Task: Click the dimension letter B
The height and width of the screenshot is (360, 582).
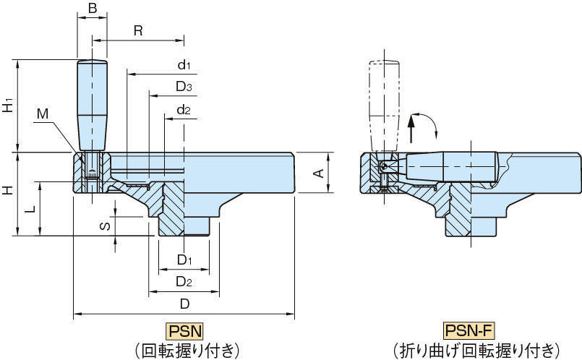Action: pyautogui.click(x=93, y=8)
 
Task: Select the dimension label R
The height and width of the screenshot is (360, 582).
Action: pyautogui.click(x=138, y=30)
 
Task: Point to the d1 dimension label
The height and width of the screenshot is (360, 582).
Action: pyautogui.click(x=184, y=64)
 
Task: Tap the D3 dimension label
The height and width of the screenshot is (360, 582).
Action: pyautogui.click(x=184, y=87)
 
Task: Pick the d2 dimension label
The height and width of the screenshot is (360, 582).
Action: pyautogui.click(x=184, y=110)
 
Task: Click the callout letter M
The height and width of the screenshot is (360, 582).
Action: pyautogui.click(x=43, y=114)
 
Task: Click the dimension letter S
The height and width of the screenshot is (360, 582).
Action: pyautogui.click(x=106, y=226)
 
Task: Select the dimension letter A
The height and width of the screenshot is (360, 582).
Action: pyautogui.click(x=319, y=173)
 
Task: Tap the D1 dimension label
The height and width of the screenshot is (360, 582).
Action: pyautogui.click(x=184, y=260)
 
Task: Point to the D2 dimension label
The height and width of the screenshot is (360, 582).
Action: pyautogui.click(x=184, y=282)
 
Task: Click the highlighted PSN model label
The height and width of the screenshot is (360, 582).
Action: pyautogui.click(x=185, y=331)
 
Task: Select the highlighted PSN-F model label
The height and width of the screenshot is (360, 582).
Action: pyautogui.click(x=469, y=330)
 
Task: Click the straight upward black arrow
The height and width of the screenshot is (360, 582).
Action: pyautogui.click(x=411, y=129)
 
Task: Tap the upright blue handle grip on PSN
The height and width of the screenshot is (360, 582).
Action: pyautogui.click(x=92, y=106)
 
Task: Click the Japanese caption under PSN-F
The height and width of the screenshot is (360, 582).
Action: pyautogui.click(x=476, y=350)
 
